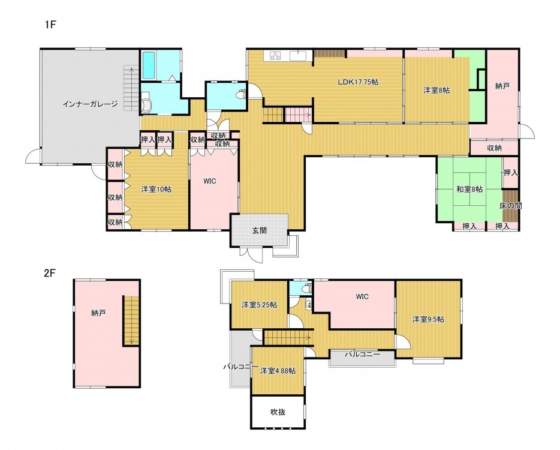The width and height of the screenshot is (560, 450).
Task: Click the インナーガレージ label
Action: pyautogui.click(x=90, y=104)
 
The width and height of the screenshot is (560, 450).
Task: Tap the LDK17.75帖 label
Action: pyautogui.click(x=358, y=82)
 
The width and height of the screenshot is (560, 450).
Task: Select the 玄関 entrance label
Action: pyautogui.click(x=259, y=230)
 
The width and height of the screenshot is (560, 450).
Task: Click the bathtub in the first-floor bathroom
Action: pyautogui.click(x=149, y=65)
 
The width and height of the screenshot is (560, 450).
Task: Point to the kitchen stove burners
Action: pyautogui.click(x=275, y=55)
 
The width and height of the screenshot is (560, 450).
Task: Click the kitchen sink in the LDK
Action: pyautogui.click(x=297, y=55)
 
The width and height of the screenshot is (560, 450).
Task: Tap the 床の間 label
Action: pyautogui.click(x=510, y=206)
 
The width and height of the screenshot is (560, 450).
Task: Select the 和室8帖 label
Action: pyautogui.click(x=469, y=189)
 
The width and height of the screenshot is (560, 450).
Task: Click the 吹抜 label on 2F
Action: pyautogui.click(x=278, y=412)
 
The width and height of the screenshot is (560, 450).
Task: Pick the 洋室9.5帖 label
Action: pyautogui.click(x=428, y=319)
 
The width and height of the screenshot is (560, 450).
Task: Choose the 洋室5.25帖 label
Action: pyautogui.click(x=259, y=305)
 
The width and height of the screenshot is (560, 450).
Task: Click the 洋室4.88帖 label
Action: pyautogui.click(x=278, y=371)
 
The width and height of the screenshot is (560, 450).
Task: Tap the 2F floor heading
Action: pyautogui.click(x=50, y=273)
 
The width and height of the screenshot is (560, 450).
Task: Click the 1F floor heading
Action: pyautogui.click(x=51, y=25)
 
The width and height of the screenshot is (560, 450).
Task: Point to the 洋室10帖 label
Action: pyautogui.click(x=156, y=189)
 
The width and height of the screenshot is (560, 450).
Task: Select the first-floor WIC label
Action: pyautogui.click(x=210, y=181)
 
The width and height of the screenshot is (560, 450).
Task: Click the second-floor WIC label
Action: pyautogui.click(x=362, y=296)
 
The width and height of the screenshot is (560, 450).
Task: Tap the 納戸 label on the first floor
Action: pyautogui.click(x=502, y=86)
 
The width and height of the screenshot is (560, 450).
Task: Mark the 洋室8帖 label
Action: pyautogui.click(x=436, y=90)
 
